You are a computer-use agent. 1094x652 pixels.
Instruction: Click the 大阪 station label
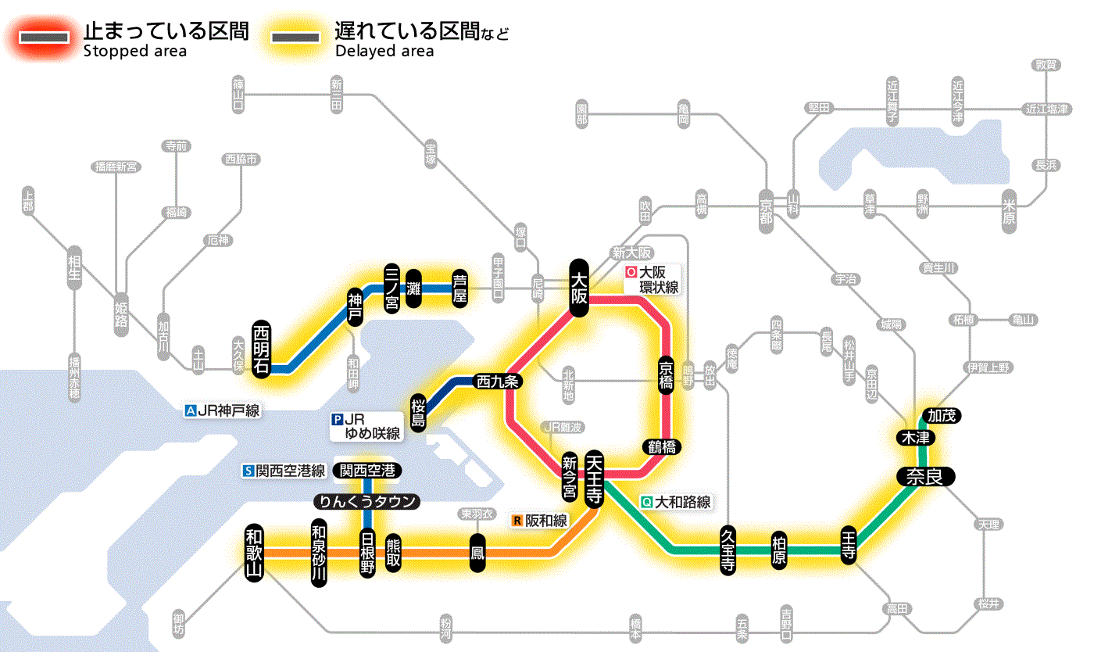click(x=579, y=288)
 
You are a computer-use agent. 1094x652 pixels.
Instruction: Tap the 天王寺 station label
click(x=594, y=478)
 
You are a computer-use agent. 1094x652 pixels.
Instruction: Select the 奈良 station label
click(x=925, y=478)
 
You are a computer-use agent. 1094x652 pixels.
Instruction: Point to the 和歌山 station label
click(x=255, y=552)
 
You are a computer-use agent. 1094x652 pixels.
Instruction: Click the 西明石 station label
click(x=262, y=349)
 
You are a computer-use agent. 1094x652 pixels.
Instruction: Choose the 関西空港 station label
click(x=367, y=471)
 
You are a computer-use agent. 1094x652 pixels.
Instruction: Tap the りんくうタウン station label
click(x=366, y=502)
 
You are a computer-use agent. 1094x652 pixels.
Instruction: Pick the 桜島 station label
click(x=419, y=412)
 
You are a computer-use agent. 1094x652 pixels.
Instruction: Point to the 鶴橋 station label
click(x=662, y=447)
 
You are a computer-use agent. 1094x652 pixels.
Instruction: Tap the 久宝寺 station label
click(x=728, y=551)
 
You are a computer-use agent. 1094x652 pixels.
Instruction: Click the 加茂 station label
click(x=941, y=416)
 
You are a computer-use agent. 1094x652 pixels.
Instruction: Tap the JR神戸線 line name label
click(x=222, y=410)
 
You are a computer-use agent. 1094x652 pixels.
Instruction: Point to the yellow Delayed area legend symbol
click(x=295, y=38)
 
